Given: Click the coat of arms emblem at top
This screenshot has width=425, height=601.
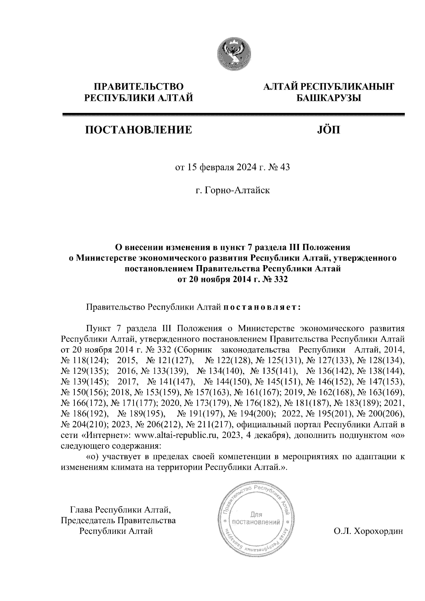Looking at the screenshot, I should pyautogui.click(x=234, y=53).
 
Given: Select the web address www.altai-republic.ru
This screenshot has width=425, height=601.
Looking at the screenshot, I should pyautogui.click(x=172, y=435).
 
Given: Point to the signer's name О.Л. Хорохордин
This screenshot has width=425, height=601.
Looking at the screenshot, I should pyautogui.click(x=368, y=531).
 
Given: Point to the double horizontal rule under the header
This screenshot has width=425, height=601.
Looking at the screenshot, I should pyautogui.click(x=233, y=115).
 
